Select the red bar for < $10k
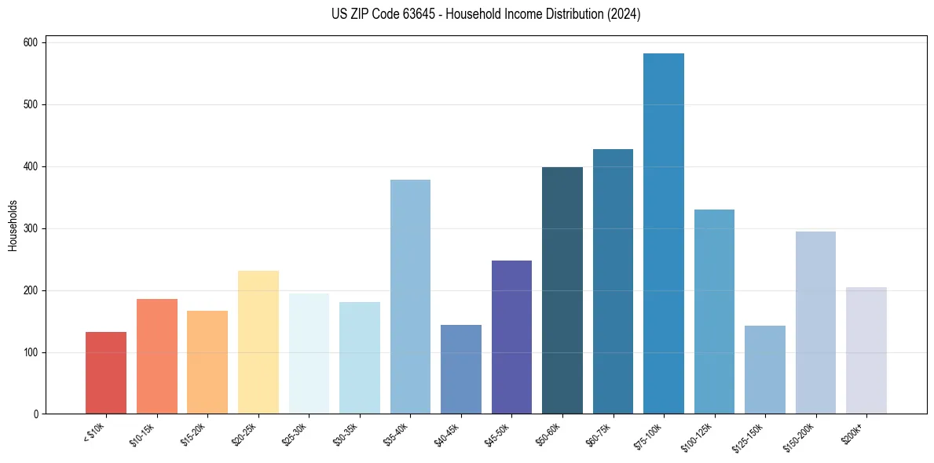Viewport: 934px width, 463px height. (106, 373)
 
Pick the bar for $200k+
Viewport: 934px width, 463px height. (866, 350)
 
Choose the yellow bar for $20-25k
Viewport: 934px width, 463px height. (258, 342)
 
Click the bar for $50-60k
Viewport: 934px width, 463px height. (562, 290)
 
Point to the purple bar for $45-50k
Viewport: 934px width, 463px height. (511, 337)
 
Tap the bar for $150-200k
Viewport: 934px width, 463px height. (815, 323)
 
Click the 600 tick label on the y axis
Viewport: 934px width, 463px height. (31, 42)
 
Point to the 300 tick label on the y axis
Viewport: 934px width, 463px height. (31, 228)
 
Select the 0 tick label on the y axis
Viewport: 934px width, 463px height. (35, 414)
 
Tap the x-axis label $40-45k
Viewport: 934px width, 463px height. (446, 434)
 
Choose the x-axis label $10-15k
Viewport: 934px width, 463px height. (142, 434)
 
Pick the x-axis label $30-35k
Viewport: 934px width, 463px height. (345, 434)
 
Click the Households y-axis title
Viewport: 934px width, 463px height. (13, 224)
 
